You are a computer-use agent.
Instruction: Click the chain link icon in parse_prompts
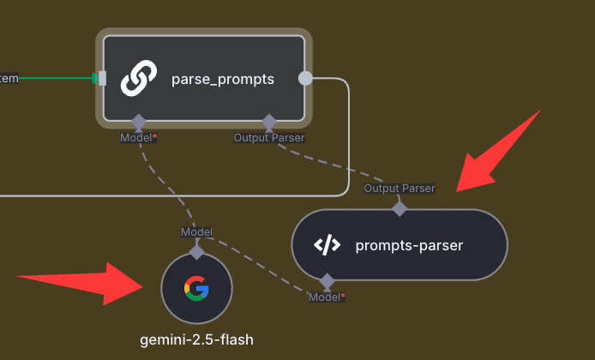point(139,79)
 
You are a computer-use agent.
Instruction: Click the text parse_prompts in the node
point(223,79)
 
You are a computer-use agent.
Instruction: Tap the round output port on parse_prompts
point(305,78)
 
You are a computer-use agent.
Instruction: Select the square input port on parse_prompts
point(103,79)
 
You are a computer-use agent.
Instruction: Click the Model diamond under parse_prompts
point(139,121)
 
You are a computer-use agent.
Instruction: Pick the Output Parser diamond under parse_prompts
point(268,121)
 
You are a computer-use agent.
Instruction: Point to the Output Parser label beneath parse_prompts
point(268,137)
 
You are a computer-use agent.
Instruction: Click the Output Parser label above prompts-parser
point(400,189)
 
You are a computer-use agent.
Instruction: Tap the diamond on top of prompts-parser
point(400,207)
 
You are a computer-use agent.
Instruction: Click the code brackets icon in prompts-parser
point(327,245)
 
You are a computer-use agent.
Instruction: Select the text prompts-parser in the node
point(409,245)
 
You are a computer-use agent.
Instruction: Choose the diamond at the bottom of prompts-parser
point(326,280)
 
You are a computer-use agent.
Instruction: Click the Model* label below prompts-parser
point(326,297)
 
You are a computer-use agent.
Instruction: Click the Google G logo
point(196,288)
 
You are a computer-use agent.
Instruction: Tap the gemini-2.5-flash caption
point(196,340)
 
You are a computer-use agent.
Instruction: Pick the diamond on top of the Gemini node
point(196,252)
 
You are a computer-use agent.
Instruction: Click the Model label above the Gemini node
point(196,232)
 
